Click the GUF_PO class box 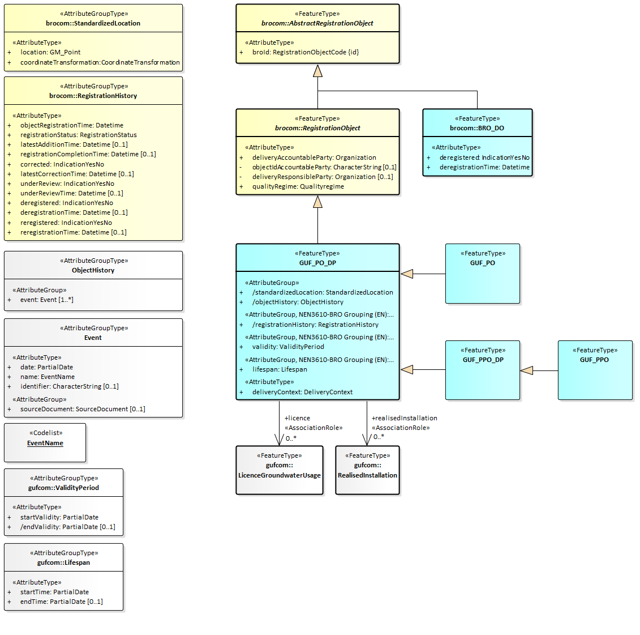tap(482, 274)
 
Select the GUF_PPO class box tap(595, 370)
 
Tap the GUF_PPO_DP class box tap(482, 370)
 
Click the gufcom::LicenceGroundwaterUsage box tap(280, 470)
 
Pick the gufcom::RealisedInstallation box tap(367, 470)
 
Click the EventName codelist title tap(45, 444)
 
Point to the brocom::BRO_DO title tap(477, 128)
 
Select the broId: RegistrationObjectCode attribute tap(306, 52)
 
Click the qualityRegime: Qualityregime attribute tap(298, 186)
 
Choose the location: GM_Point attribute tap(50, 52)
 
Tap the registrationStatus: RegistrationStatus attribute tap(79, 135)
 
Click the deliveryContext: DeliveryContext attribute tap(302, 392)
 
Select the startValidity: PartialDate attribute tap(59, 517)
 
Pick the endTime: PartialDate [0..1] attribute tap(62, 602)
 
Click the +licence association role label tap(297, 418)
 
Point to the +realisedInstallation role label tap(404, 418)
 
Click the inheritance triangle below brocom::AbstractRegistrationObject tap(317, 71)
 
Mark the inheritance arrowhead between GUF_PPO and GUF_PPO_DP tap(527, 370)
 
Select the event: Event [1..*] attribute tap(47, 300)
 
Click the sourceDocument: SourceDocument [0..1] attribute tap(83, 409)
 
